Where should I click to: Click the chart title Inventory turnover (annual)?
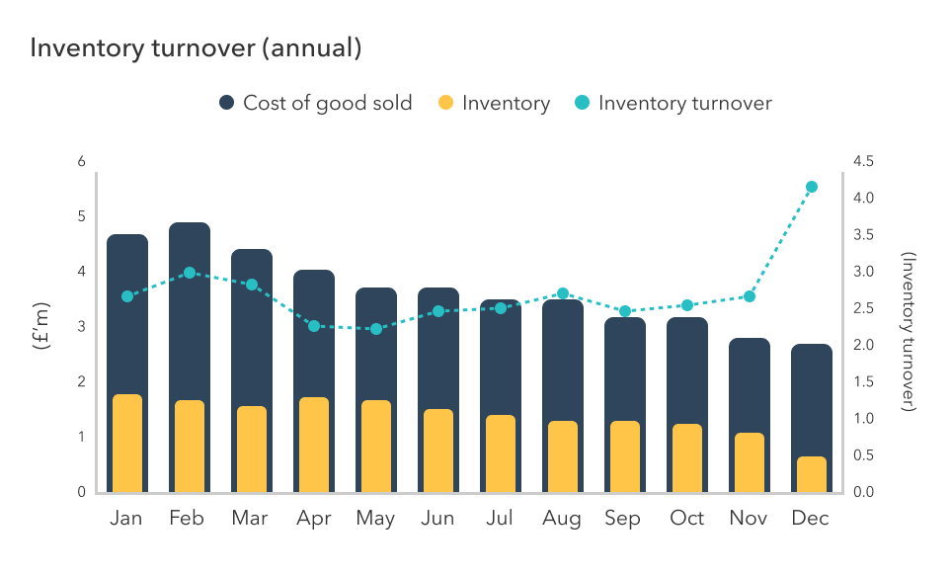tap(196, 48)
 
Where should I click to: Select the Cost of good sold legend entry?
tap(315, 103)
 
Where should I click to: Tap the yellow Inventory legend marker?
tap(445, 103)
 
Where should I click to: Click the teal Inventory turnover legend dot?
tap(582, 103)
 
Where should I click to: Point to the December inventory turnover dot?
tap(812, 187)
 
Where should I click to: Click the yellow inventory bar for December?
tap(812, 474)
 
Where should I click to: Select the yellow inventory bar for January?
tap(127, 444)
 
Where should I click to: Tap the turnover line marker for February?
tap(190, 273)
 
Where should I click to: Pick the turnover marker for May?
tap(376, 328)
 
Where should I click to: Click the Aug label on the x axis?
tap(562, 519)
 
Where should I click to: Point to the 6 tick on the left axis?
tap(82, 162)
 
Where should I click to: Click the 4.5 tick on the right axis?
tap(864, 162)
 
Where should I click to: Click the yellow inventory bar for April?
tap(314, 445)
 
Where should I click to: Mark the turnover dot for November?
tap(750, 296)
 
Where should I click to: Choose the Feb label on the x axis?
tap(189, 519)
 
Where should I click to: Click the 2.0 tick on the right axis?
tap(864, 346)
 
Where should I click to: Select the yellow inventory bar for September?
tap(625, 456)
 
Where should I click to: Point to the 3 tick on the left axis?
tap(82, 327)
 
